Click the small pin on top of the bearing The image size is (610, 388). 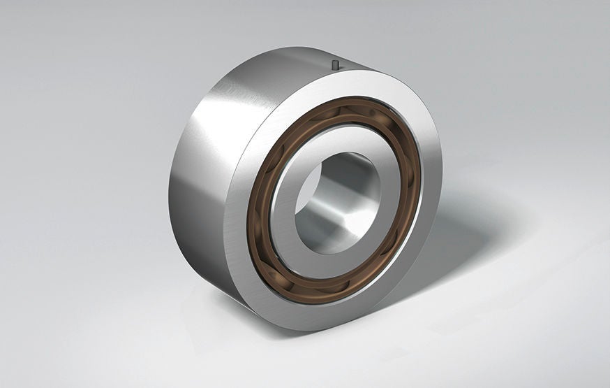point(336,65)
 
